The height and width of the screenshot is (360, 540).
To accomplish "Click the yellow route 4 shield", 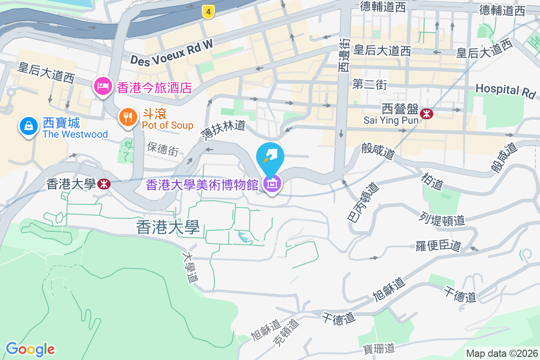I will click(207, 12).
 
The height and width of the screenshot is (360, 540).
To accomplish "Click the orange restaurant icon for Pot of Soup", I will click(128, 117).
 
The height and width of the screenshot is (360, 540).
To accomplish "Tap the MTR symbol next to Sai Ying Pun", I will click(426, 114).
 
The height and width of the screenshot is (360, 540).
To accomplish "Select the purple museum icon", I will click(273, 184).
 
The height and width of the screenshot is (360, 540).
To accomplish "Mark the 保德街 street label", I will click(162, 148).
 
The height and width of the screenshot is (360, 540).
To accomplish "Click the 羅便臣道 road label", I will click(438, 246).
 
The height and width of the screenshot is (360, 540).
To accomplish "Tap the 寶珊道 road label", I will click(379, 348).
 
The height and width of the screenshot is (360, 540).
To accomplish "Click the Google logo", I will click(30, 349).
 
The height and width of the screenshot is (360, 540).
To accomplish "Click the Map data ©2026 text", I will click(502, 353).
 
